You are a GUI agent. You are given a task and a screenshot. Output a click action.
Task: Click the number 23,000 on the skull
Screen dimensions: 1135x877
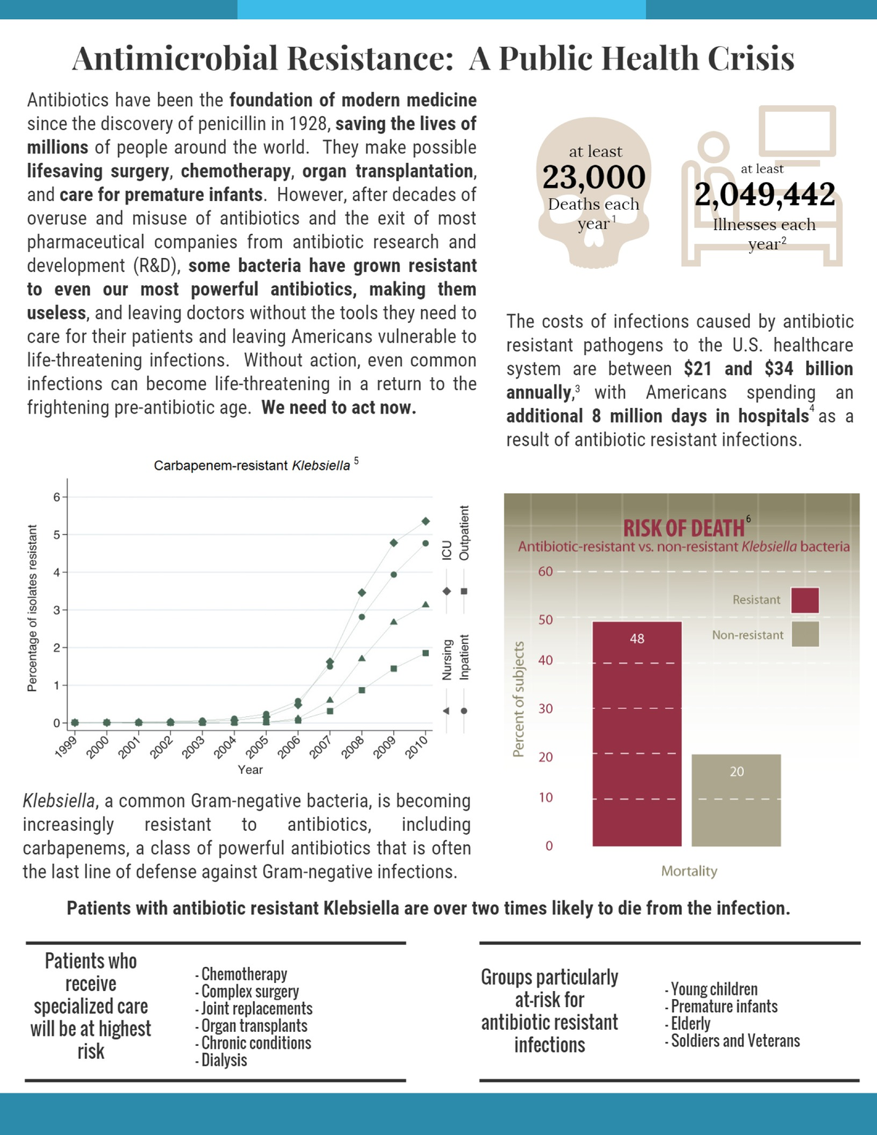point(593,177)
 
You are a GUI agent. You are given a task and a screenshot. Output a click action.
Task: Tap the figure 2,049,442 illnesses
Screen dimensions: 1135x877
point(764,194)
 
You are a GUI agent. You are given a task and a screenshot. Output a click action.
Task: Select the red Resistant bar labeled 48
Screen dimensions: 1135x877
point(637,734)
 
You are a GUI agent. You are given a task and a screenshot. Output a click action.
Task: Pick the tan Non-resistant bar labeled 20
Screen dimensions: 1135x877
point(736,800)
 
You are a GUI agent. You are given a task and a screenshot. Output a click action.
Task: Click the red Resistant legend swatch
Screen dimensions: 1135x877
point(805,600)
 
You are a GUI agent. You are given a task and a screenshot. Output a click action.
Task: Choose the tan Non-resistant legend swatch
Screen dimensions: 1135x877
point(805,634)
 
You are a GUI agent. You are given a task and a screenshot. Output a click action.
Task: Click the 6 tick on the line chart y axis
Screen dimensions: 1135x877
point(56,497)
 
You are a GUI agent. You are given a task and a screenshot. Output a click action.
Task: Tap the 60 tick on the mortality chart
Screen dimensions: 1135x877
point(546,572)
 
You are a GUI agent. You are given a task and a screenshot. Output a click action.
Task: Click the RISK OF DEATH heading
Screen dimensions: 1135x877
point(683,528)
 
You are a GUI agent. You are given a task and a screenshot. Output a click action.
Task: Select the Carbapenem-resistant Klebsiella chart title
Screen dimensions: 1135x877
point(252,466)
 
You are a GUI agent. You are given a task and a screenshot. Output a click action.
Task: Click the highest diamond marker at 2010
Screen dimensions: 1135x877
point(426,521)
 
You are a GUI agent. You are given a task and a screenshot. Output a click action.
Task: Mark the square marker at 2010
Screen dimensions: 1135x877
point(426,653)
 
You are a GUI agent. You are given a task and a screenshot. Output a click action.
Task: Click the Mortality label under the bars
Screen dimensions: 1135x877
point(689,871)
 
